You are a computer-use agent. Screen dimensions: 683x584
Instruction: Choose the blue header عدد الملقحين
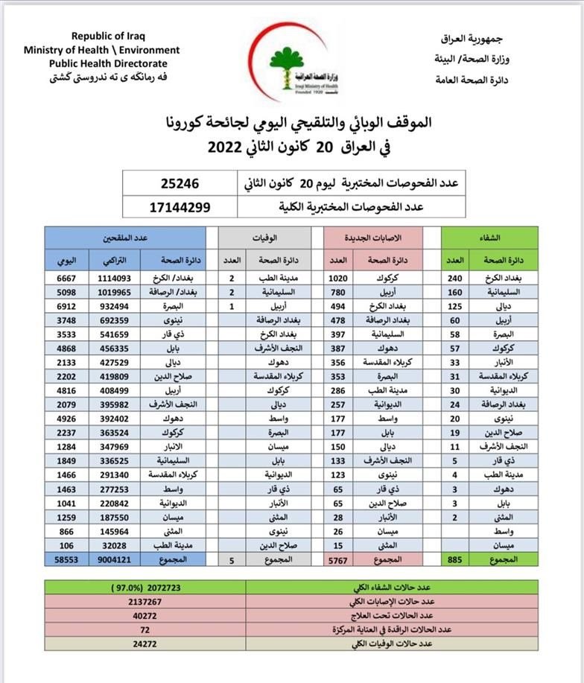pos(130,238)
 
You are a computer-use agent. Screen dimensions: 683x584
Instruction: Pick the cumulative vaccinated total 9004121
pos(113,558)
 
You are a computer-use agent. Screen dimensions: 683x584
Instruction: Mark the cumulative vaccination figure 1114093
pos(113,278)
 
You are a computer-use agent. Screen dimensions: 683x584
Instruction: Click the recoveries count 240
pos(456,278)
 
